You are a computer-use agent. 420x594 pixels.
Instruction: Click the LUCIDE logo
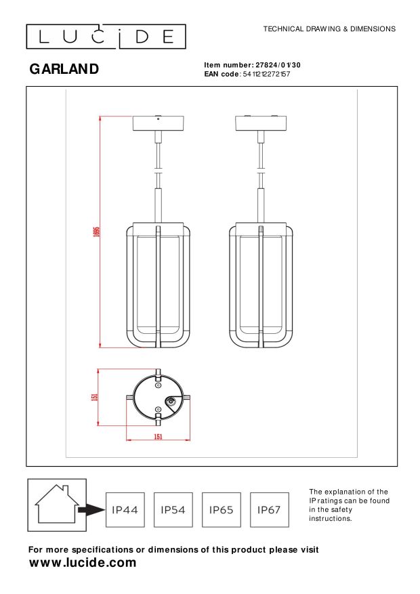click(x=106, y=37)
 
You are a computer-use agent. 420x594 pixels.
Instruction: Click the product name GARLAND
click(x=64, y=69)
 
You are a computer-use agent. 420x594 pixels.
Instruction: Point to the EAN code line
click(x=247, y=74)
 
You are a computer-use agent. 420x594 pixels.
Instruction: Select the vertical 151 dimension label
click(x=95, y=398)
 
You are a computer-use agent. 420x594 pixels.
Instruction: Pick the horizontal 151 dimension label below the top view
click(x=158, y=437)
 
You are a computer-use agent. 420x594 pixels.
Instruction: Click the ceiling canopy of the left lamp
click(x=158, y=124)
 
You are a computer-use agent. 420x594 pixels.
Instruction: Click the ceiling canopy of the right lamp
click(x=261, y=124)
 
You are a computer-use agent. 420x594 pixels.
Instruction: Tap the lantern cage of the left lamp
click(x=157, y=284)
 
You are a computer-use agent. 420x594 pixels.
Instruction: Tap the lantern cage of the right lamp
click(x=261, y=284)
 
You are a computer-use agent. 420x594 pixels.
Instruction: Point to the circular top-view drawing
click(x=159, y=399)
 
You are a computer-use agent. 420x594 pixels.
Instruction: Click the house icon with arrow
click(x=58, y=502)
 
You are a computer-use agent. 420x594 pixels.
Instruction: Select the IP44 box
click(x=125, y=509)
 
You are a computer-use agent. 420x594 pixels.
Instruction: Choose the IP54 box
click(x=173, y=509)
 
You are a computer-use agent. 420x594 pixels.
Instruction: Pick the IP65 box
click(x=222, y=509)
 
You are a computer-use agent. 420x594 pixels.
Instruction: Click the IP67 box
click(x=269, y=509)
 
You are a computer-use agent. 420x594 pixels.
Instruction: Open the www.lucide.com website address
click(x=83, y=563)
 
